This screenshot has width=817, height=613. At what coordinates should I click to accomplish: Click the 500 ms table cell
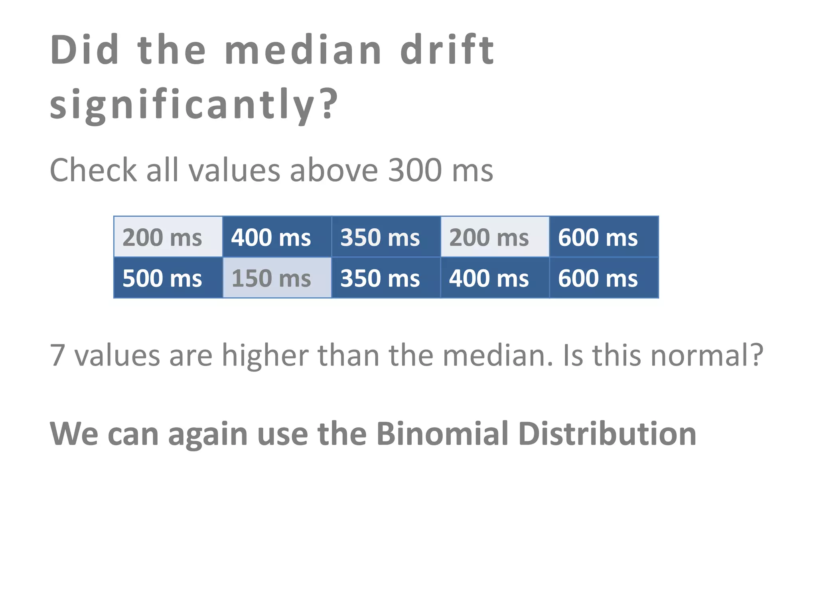(168, 278)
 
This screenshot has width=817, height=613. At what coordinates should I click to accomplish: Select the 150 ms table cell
(277, 278)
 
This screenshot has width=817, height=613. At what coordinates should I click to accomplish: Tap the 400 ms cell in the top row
(277, 237)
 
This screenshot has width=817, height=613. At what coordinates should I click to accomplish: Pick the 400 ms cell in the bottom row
(495, 278)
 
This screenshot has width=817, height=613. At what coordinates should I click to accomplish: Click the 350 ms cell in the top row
(386, 237)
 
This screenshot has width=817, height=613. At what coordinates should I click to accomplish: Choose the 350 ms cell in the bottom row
(386, 278)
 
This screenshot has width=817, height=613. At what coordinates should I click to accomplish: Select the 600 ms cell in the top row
(604, 237)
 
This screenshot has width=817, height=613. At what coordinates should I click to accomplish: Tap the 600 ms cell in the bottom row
(604, 278)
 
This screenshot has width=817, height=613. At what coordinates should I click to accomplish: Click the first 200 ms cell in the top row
(168, 237)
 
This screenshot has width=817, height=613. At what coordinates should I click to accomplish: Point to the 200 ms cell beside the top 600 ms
(495, 237)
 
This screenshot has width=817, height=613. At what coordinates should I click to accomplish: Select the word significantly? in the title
(194, 104)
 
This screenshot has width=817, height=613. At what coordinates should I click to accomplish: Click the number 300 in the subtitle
(415, 170)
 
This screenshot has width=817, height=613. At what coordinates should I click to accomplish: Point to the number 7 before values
(57, 355)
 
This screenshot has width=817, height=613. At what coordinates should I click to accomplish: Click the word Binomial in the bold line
(442, 434)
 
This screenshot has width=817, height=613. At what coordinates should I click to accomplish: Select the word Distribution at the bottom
(607, 434)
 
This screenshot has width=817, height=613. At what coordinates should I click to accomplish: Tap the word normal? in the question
(706, 355)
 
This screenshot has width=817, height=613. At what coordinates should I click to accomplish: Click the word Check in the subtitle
(93, 170)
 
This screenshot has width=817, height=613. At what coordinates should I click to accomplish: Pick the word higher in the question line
(265, 355)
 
